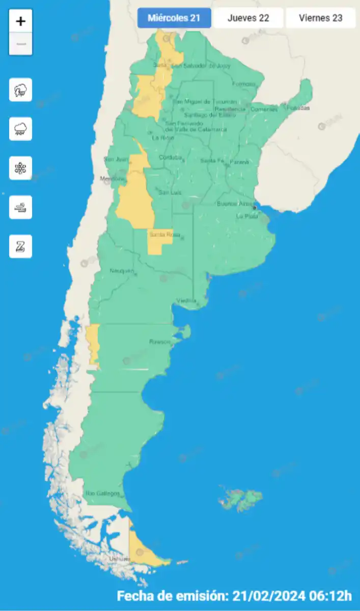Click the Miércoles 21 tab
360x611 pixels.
174,18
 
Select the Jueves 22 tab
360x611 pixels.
248,18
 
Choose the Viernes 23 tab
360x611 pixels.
320,18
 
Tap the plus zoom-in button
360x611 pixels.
21,21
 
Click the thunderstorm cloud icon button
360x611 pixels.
21,90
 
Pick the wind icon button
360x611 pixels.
21,207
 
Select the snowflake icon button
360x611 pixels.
21,168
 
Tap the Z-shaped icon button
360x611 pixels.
21,246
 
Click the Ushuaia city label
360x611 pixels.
120,559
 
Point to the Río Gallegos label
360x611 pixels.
102,493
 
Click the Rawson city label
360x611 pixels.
159,342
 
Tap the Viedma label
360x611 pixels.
186,300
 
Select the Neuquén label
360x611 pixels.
122,270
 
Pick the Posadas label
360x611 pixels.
298,108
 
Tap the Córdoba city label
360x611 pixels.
170,157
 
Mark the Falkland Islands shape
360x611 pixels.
240,498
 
